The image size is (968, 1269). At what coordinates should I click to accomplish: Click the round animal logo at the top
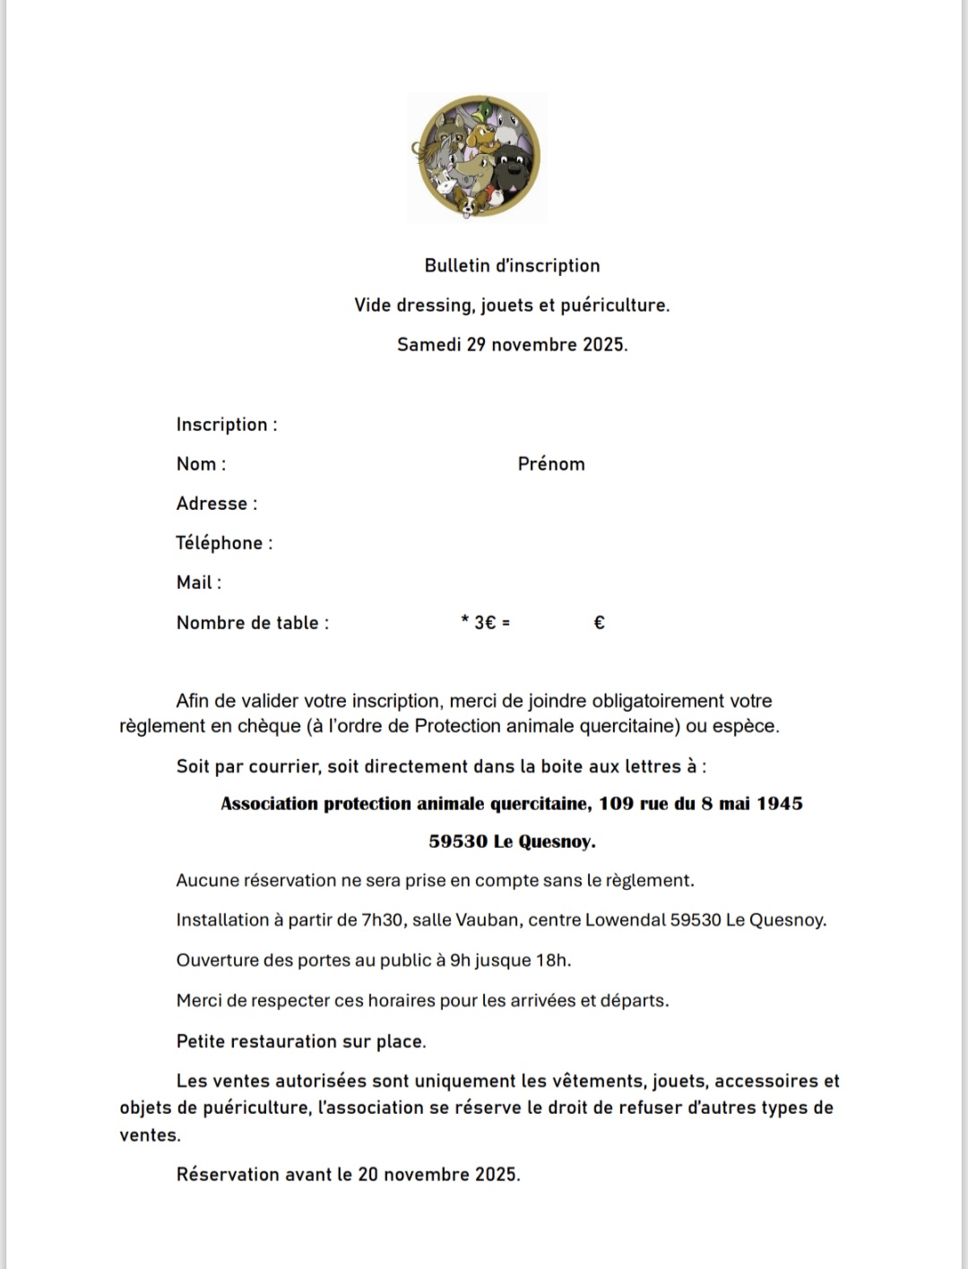(478, 158)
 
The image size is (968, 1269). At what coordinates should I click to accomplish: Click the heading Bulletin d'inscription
(512, 265)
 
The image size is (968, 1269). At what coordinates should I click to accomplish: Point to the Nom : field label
(201, 464)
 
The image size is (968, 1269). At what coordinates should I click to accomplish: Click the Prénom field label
(551, 464)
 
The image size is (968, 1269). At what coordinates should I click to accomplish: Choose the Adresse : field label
(217, 504)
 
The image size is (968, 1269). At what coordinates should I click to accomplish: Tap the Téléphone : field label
(224, 543)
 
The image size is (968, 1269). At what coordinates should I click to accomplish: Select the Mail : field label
(199, 583)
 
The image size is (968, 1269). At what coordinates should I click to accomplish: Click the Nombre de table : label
(253, 623)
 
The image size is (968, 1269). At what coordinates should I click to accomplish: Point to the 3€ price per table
(485, 623)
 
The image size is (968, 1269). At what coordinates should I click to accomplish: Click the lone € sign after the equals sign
(600, 623)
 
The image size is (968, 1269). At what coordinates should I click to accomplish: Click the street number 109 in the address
(616, 804)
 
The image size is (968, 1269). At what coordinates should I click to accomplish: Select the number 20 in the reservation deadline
(368, 1175)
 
